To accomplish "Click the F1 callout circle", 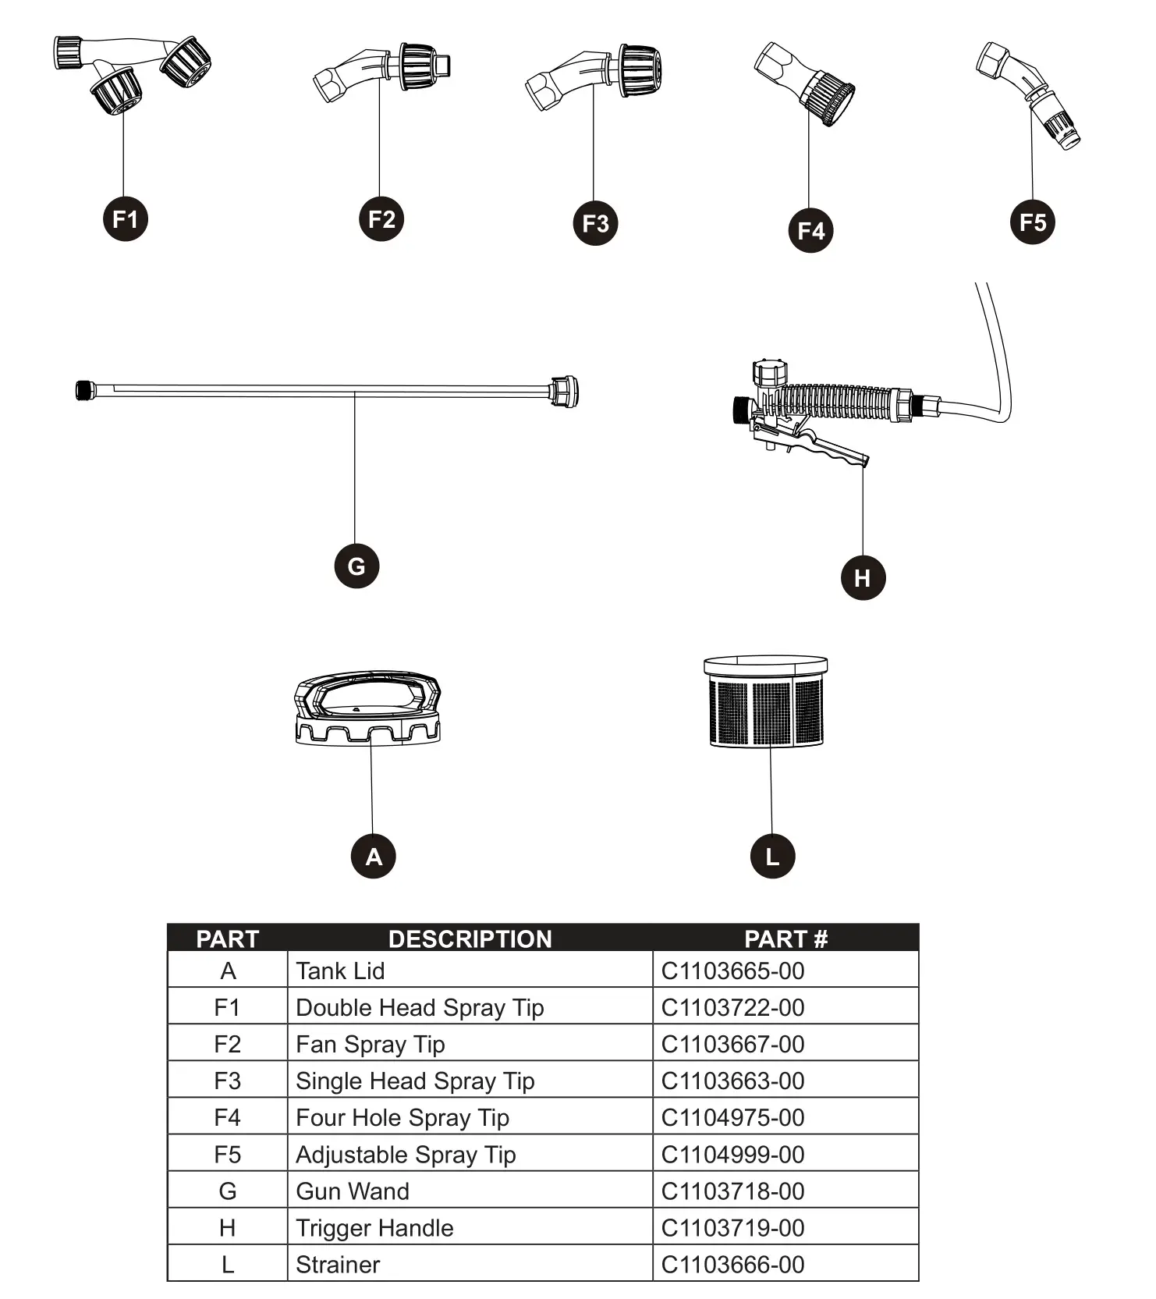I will pyautogui.click(x=126, y=218).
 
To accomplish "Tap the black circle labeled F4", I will pyautogui.click(x=810, y=230).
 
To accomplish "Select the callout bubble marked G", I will pyautogui.click(x=356, y=566).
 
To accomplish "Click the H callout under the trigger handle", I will pyautogui.click(x=863, y=577).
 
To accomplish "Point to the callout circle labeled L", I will pyautogui.click(x=772, y=857).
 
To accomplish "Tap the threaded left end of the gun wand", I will pyautogui.click(x=84, y=389).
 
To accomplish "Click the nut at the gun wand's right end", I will pyautogui.click(x=564, y=391).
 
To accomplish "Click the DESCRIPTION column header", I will pyautogui.click(x=470, y=939).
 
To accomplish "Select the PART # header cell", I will pyautogui.click(x=785, y=939).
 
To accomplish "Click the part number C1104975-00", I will pyautogui.click(x=732, y=1117).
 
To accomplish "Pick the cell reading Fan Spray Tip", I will pyautogui.click(x=371, y=1044).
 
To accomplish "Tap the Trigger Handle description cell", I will pyautogui.click(x=374, y=1228).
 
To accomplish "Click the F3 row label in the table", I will pyautogui.click(x=227, y=1081).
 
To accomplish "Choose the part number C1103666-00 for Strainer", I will pyautogui.click(x=732, y=1265).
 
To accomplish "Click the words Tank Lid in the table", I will pyautogui.click(x=340, y=971).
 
